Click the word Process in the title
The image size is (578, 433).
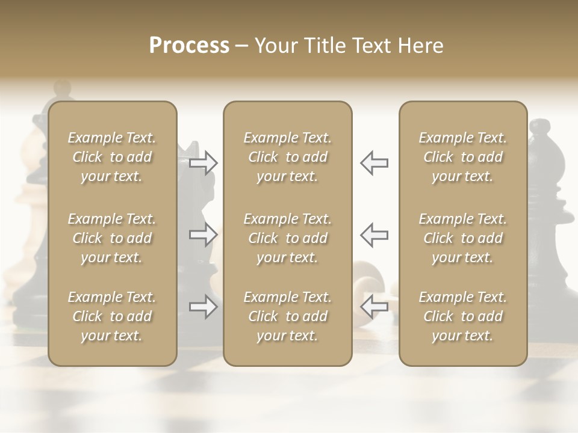pyautogui.click(x=189, y=46)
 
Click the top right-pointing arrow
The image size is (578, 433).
pyautogui.click(x=204, y=163)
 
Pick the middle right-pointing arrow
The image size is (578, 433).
pyautogui.click(x=204, y=234)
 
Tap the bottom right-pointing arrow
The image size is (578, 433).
pyautogui.click(x=204, y=307)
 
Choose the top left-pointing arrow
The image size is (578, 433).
pyautogui.click(x=374, y=163)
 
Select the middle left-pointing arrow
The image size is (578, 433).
pyautogui.click(x=374, y=234)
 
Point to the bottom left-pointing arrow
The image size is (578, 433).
pyautogui.click(x=374, y=307)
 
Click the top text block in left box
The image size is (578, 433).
pyautogui.click(x=112, y=157)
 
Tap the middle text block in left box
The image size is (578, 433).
pyautogui.click(x=112, y=238)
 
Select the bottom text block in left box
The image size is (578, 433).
pyautogui.click(x=112, y=316)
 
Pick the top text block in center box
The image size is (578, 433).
pyautogui.click(x=287, y=157)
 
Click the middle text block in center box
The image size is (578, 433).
pyautogui.click(x=287, y=238)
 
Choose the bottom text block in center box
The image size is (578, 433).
pyautogui.click(x=287, y=316)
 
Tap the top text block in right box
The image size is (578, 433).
pyautogui.click(x=463, y=157)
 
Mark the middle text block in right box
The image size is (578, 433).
pyautogui.click(x=463, y=238)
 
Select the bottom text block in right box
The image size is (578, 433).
pyautogui.click(x=463, y=316)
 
